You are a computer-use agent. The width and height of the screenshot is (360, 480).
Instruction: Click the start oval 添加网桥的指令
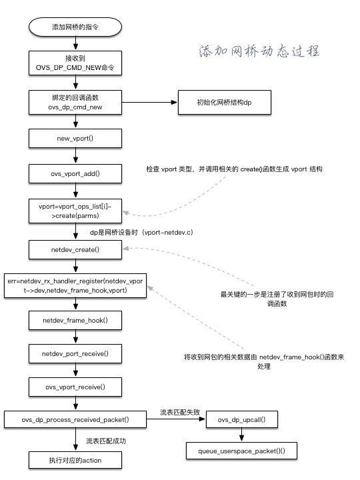point(75,27)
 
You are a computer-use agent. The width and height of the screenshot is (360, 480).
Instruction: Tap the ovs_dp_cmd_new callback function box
point(75,103)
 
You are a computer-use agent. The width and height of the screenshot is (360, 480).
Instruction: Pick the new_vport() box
point(75,138)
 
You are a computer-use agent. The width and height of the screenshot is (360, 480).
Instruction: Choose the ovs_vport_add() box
point(75,173)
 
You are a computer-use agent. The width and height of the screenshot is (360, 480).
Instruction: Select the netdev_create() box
point(75,249)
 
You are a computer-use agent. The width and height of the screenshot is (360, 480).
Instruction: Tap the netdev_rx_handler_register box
point(75,285)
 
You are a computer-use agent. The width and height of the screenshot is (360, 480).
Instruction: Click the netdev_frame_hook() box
point(75,321)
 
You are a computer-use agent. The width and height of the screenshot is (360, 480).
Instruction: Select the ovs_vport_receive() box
point(75,386)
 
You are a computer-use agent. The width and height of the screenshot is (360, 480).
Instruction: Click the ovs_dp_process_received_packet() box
point(75,420)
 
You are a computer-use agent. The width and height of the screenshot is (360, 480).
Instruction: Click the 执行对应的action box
point(75,459)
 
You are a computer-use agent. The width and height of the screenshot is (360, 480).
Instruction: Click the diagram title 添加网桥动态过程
point(259,51)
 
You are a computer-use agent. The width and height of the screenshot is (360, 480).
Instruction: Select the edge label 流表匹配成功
point(106,441)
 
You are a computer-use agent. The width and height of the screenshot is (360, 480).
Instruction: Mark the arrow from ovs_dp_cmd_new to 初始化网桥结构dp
point(146,103)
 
